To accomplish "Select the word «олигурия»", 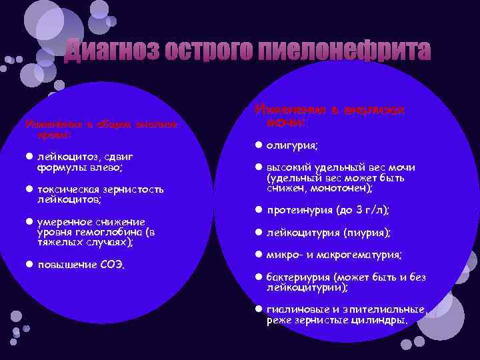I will (x=292, y=145).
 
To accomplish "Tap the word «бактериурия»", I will (x=298, y=277).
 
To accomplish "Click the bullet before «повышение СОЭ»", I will (x=29, y=264).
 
